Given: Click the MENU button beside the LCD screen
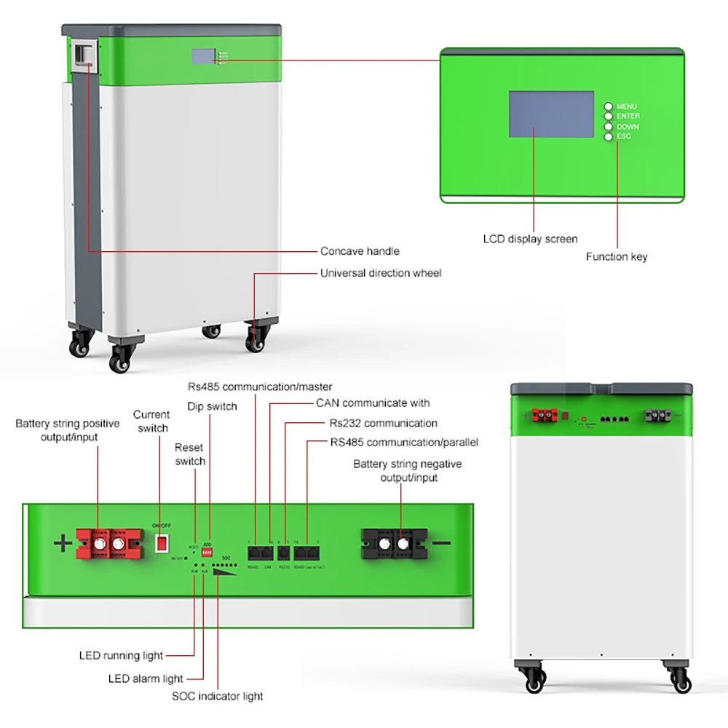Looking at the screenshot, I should pos(608,106).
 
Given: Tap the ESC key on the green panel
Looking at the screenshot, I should pos(608,136).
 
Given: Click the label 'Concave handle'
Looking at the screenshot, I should pos(360,251).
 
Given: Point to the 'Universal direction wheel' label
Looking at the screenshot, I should pos(381,273).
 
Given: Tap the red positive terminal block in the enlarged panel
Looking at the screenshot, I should pos(108,543).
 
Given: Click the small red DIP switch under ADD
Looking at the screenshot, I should pos(207,553).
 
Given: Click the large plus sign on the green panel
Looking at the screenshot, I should pos(64,543).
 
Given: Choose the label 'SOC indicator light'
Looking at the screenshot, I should pos(217,697).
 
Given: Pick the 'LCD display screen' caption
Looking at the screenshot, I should pos(530,239).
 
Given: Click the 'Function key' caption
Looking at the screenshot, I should pos(616,256).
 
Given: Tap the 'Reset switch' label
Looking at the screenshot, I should pos(190,454).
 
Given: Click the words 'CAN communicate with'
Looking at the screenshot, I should pos(373,403).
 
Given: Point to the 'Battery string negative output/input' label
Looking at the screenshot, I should pos(407,470).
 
